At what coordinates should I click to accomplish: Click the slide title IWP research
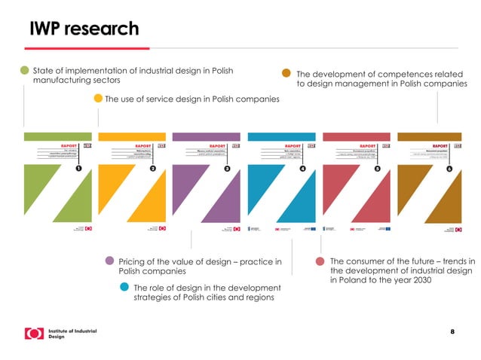coord(84,29)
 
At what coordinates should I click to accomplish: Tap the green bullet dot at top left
coord(25,71)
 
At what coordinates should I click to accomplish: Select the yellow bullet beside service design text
coord(98,98)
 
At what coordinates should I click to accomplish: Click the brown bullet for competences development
coord(286,74)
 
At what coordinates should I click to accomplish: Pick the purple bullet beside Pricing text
coord(110,261)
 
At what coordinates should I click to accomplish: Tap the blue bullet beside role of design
coord(124,287)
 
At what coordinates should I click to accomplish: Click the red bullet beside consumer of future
coord(320,261)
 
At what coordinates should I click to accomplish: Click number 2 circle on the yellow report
coord(152,169)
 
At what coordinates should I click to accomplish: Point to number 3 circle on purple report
coord(227,169)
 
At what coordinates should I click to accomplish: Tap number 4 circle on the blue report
coord(302,169)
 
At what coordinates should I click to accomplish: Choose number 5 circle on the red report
coord(377,169)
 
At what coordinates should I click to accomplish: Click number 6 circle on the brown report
coord(450,169)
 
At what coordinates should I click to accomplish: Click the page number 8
coord(452,331)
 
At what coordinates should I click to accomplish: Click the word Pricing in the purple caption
coord(133,261)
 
